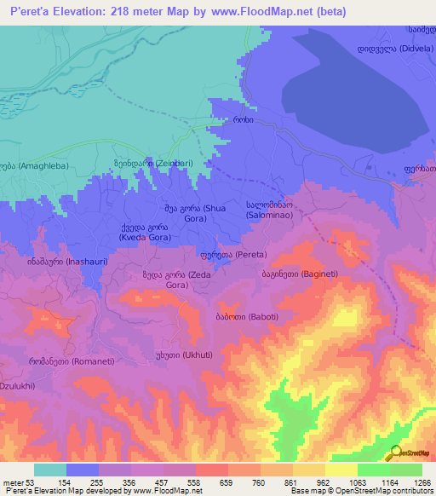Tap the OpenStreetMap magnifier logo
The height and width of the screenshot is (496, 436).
pyautogui.click(x=394, y=454)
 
